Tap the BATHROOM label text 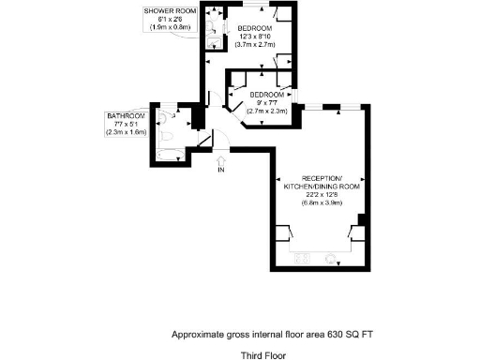click(x=125, y=115)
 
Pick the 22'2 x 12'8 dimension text click(x=322, y=195)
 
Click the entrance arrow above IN click(x=221, y=158)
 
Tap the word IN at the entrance click(x=221, y=171)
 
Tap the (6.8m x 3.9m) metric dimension click(x=322, y=203)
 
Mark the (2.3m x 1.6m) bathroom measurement click(x=125, y=132)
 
